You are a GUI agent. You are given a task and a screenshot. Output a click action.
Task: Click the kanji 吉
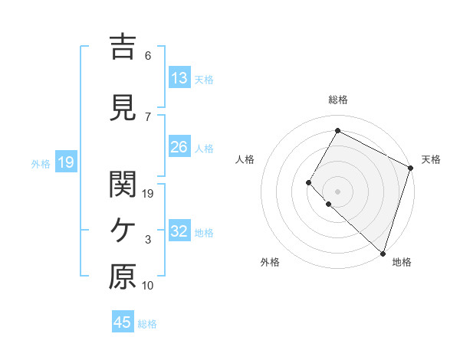coord(123,46)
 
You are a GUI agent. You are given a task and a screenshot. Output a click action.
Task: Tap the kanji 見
coord(123,107)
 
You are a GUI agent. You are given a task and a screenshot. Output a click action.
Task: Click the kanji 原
coord(123,277)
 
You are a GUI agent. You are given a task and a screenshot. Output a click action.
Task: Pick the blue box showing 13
coord(179,78)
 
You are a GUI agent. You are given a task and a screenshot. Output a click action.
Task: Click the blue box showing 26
coord(179,147)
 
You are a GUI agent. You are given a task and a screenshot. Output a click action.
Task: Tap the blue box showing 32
coord(179,231)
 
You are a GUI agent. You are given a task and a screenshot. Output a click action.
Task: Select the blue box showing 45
coord(123,322)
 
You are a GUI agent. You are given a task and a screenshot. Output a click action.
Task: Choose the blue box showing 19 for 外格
coord(65,162)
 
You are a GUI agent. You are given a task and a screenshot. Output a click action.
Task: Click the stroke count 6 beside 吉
coord(147,56)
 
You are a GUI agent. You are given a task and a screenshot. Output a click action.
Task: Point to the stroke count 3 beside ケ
coord(147,240)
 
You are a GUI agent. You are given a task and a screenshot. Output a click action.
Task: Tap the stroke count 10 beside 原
coord(147,286)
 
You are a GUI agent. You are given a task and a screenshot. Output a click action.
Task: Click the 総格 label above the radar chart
coord(337,100)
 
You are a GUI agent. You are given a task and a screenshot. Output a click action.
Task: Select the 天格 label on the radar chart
coord(431,159)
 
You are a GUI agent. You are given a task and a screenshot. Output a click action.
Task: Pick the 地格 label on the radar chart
coord(402,263)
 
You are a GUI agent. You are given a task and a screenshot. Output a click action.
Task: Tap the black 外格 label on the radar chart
coord(270,263)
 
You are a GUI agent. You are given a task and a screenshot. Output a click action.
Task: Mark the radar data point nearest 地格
coord(383,254)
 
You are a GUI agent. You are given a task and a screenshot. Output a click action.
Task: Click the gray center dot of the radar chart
coord(337,191)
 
